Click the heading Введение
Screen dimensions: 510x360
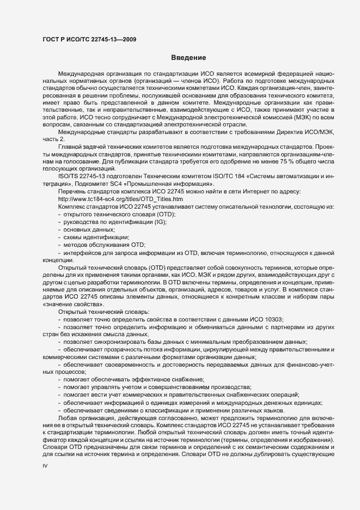tap(188, 57)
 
